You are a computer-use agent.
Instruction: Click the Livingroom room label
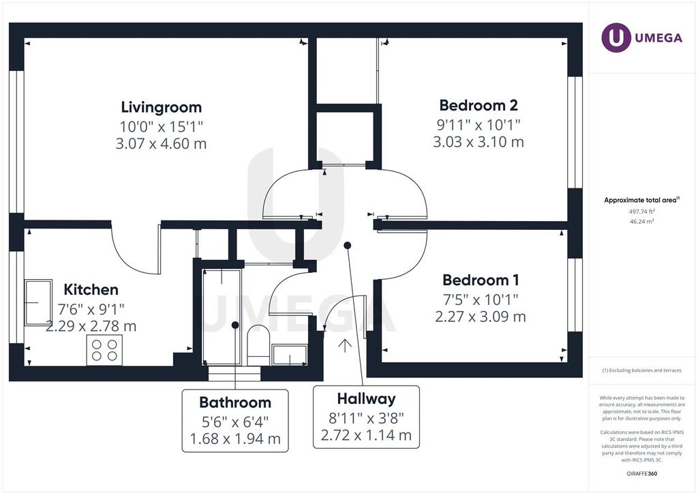point(161,107)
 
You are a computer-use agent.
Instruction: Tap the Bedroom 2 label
point(479,105)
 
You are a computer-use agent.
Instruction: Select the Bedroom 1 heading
point(481,280)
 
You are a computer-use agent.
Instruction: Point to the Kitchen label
point(91,289)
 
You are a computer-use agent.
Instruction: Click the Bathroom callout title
point(235,403)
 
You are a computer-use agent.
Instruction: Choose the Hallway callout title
point(366,398)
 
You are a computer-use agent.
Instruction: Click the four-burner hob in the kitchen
point(104,350)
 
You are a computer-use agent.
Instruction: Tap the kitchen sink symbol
point(38,302)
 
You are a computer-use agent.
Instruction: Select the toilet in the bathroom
point(258,345)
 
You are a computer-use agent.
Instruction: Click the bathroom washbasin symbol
point(290,355)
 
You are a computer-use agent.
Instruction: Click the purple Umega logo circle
point(616,38)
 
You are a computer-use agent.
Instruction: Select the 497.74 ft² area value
point(642,212)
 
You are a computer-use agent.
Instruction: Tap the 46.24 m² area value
point(642,221)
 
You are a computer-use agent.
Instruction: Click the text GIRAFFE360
point(642,474)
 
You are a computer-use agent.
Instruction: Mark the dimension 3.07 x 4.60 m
point(161,144)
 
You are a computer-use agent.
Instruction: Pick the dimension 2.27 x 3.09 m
point(481,317)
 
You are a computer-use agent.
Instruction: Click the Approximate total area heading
point(641,201)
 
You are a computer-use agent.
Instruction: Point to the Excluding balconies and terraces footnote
point(642,370)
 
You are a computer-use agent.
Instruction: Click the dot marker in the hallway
point(348,246)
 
